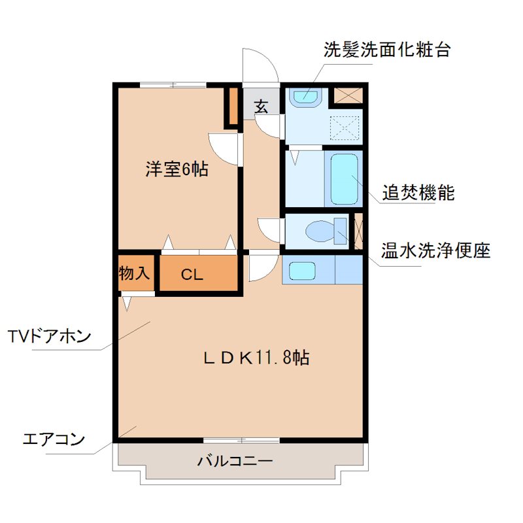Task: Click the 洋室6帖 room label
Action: [x=177, y=170]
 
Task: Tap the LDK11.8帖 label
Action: [x=256, y=358]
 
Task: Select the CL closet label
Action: [x=192, y=275]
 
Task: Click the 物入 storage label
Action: [x=135, y=273]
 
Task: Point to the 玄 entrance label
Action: [x=261, y=107]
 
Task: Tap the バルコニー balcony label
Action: [x=235, y=462]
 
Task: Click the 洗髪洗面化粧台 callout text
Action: [x=387, y=50]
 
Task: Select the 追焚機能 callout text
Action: [x=418, y=194]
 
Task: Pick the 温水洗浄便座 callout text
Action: [x=436, y=250]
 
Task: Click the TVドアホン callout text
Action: [x=50, y=337]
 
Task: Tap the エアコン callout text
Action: [x=54, y=439]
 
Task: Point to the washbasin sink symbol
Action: [x=305, y=97]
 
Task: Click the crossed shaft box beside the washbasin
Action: [x=347, y=95]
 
